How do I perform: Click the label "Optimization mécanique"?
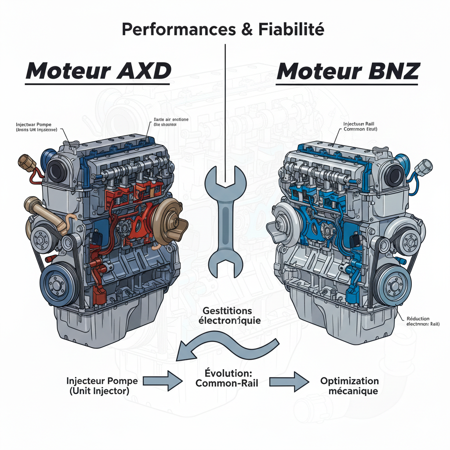349,386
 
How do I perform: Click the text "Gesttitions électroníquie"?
227,315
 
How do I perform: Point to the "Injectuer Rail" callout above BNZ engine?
359,127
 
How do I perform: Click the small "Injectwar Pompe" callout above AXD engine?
36,127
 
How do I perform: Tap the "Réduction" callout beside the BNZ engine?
418,321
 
